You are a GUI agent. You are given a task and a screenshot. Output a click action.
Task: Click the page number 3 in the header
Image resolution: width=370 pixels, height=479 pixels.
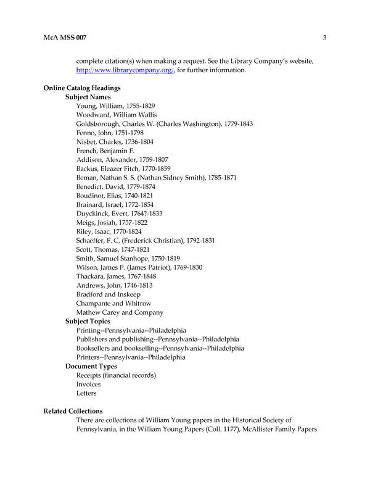(x=324, y=38)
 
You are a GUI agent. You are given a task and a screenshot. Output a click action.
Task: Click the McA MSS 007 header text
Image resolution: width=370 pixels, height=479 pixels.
(x=65, y=38)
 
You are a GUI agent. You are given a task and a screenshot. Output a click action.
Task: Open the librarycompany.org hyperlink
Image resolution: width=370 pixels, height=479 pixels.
(x=125, y=70)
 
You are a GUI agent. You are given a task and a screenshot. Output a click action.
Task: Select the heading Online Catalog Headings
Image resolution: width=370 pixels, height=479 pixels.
(x=81, y=88)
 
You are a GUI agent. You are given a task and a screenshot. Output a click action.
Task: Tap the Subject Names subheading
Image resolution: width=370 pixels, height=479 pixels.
(x=88, y=97)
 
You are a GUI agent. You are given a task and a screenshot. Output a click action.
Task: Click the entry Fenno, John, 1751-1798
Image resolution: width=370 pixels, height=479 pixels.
(x=110, y=133)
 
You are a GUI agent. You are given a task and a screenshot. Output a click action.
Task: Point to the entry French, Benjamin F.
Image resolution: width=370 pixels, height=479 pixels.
(x=105, y=151)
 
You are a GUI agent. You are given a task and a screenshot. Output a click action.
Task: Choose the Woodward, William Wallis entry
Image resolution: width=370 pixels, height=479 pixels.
(x=117, y=115)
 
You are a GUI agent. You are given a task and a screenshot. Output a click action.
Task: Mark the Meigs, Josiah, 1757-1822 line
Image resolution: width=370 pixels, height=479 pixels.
(x=112, y=222)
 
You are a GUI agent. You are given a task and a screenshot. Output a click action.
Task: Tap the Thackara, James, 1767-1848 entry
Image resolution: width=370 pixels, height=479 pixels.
(x=115, y=276)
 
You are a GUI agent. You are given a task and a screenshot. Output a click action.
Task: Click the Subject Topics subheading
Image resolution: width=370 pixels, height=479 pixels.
(x=88, y=321)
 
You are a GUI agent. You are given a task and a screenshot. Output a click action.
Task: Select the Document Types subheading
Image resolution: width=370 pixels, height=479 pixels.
(x=91, y=366)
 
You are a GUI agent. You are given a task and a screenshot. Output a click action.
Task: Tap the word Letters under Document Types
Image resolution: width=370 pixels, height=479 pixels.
(x=86, y=393)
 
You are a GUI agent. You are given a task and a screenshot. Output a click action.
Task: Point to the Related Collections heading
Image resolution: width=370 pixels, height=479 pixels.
(x=73, y=411)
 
